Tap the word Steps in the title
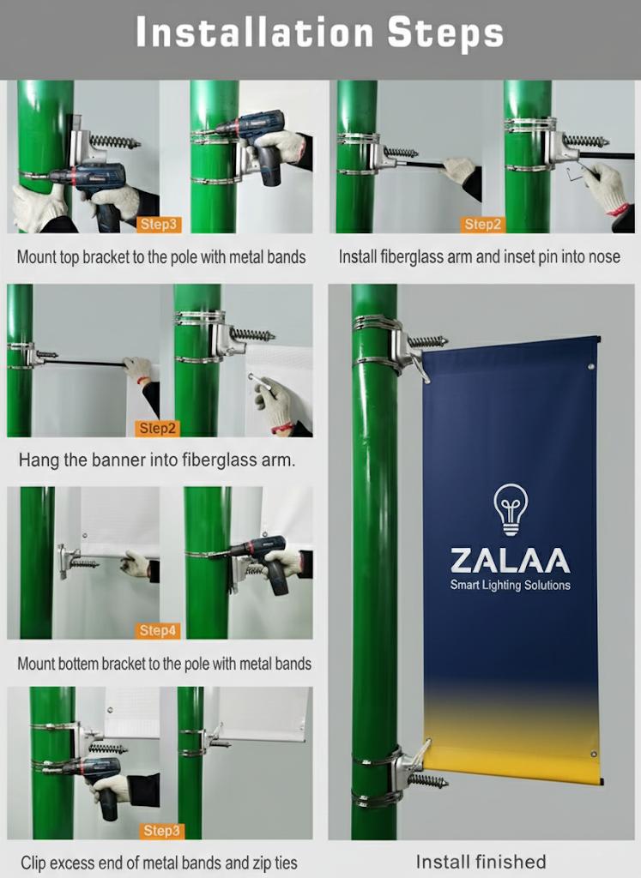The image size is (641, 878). click(x=444, y=33)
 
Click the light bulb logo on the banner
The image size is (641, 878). click(x=511, y=508)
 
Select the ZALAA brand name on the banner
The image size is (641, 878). click(x=510, y=561)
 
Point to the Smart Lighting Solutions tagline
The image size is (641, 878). click(x=510, y=586)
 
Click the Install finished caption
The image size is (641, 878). click(x=481, y=861)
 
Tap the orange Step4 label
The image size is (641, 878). click(x=158, y=631)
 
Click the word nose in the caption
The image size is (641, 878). click(x=602, y=256)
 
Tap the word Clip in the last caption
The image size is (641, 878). click(x=34, y=862)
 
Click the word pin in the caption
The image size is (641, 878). click(x=534, y=256)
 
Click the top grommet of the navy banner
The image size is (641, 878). click(x=591, y=367)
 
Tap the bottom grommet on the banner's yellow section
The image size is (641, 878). click(x=592, y=755)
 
